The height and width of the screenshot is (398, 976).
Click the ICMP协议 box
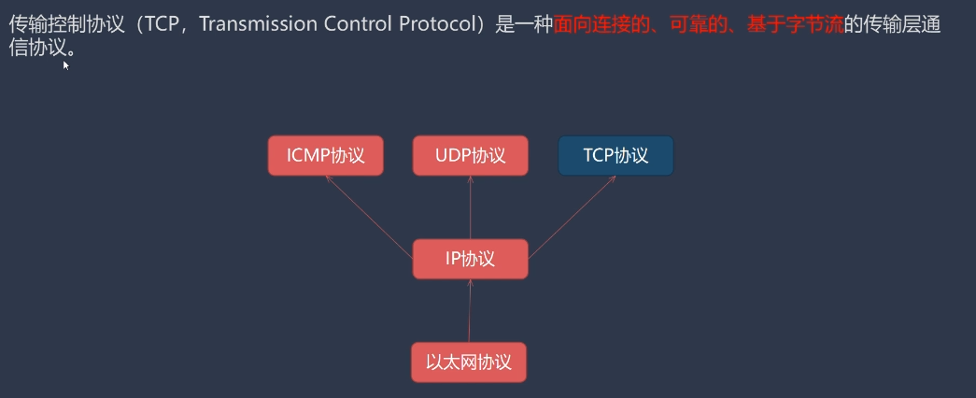click(326, 156)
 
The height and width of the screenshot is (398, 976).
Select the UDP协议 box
click(470, 156)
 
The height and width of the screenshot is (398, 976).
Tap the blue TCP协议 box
click(615, 156)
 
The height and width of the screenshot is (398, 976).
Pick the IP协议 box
click(470, 259)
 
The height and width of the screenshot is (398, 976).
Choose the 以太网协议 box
click(469, 362)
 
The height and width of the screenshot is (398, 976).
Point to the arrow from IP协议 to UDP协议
click(470, 207)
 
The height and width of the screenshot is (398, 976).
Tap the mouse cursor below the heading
click(65, 65)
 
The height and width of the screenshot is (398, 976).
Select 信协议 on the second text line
click(37, 47)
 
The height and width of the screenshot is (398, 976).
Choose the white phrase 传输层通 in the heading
click(901, 26)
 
